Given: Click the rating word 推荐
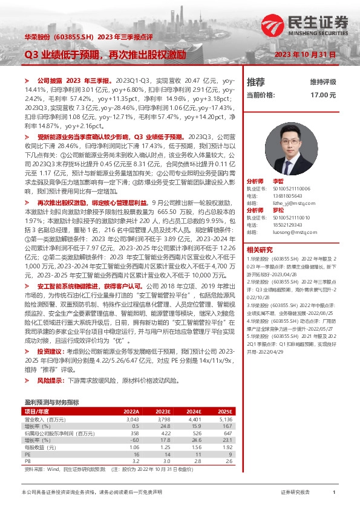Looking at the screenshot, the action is (255, 82).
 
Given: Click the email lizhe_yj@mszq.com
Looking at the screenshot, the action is (293, 203).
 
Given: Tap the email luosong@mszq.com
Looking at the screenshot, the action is (293, 231).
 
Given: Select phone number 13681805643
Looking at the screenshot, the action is (288, 195).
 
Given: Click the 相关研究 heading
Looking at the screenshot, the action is (259, 249).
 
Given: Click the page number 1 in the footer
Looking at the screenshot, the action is (333, 493).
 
